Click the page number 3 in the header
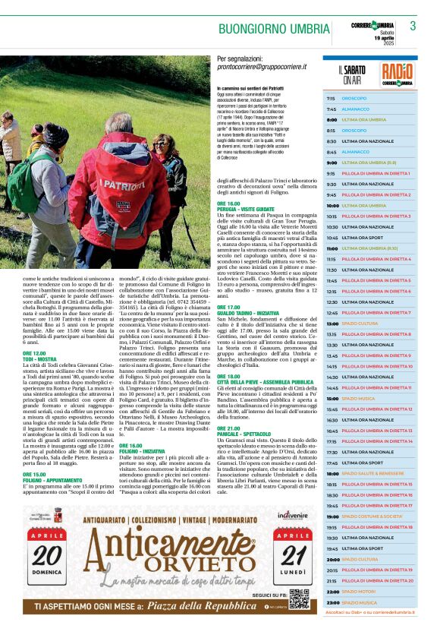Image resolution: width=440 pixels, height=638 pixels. pos(413,26)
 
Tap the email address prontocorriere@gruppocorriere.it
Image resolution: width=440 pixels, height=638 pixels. pos(262,67)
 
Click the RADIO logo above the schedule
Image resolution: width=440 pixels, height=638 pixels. pos(398,74)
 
